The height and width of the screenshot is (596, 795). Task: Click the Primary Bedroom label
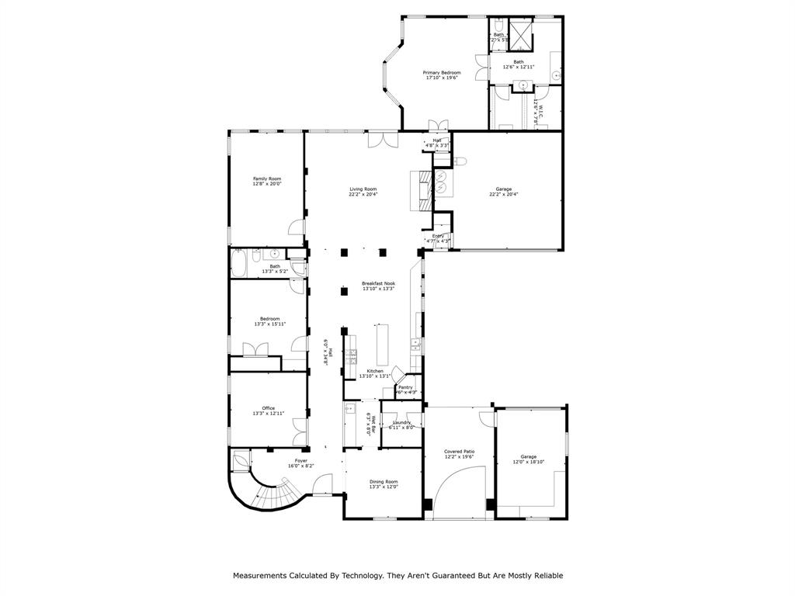[441, 72]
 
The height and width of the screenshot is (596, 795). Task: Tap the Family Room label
[266, 178]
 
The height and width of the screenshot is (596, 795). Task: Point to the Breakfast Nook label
[378, 283]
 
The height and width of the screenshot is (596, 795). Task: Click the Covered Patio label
[459, 451]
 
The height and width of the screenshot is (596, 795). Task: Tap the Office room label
[268, 408]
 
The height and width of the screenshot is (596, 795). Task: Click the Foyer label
[300, 461]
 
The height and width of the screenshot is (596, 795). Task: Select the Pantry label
[405, 386]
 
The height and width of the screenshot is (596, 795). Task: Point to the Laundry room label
[401, 422]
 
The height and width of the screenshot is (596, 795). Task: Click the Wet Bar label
[373, 424]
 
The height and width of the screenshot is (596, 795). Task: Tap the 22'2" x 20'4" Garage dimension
[503, 194]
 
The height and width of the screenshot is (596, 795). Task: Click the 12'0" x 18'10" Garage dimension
[528, 462]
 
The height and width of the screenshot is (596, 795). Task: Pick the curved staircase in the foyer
[272, 490]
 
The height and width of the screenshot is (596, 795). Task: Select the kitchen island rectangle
[381, 345]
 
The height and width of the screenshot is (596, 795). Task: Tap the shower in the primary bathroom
[520, 31]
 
